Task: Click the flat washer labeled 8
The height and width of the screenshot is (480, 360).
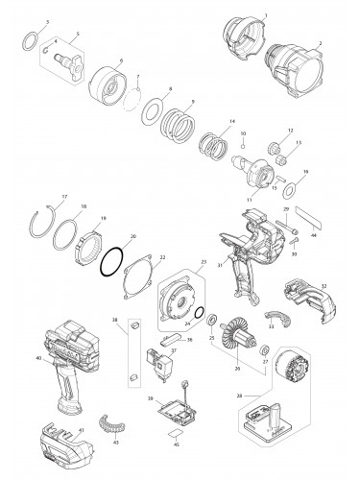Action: [153, 110]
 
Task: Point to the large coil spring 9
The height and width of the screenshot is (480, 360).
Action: [180, 124]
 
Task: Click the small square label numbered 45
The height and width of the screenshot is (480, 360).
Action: [175, 433]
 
